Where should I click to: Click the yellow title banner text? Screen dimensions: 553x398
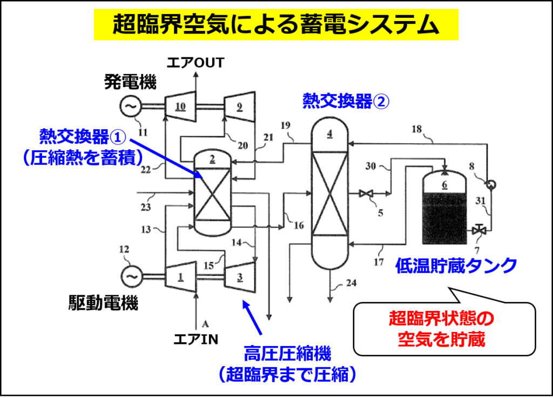[276, 24]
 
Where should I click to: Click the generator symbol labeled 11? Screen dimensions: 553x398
[130, 106]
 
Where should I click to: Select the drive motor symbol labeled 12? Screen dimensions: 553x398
[132, 276]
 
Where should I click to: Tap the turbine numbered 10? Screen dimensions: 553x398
[180, 107]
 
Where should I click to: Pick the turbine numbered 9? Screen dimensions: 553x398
[239, 107]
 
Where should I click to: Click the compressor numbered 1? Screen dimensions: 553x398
[180, 277]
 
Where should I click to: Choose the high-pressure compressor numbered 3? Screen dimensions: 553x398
[239, 277]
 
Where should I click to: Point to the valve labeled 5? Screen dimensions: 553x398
[366, 194]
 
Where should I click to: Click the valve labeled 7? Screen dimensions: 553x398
[479, 230]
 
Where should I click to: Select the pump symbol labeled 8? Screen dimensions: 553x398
[490, 184]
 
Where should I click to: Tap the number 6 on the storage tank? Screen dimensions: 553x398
[444, 185]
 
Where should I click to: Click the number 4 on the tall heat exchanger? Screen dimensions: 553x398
[329, 134]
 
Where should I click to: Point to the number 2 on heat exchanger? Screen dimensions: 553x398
[212, 160]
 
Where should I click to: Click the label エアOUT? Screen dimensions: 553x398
[195, 63]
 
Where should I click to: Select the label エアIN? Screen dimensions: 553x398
[196, 340]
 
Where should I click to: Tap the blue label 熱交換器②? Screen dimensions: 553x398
[346, 101]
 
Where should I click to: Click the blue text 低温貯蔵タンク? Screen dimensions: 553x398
[456, 266]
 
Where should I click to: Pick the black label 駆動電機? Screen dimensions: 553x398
[103, 303]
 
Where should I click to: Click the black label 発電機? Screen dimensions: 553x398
[130, 82]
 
